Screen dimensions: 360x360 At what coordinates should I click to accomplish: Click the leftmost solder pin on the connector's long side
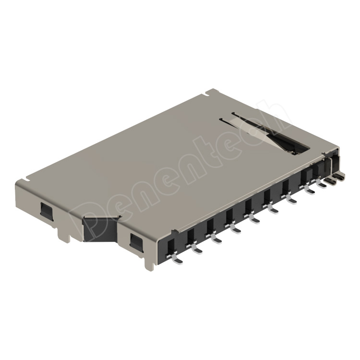(x=176, y=259)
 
